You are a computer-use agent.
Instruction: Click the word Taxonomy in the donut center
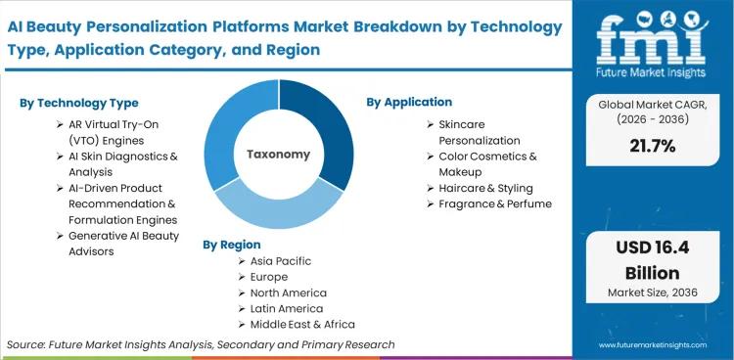[x=279, y=154]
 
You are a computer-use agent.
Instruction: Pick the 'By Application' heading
[x=409, y=102]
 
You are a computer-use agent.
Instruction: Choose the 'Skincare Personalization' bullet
[x=480, y=133]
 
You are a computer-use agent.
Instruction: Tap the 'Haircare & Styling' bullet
[x=485, y=188]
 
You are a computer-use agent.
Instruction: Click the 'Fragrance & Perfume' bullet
[x=495, y=203]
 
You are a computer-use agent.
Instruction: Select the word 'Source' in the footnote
[x=26, y=344]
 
